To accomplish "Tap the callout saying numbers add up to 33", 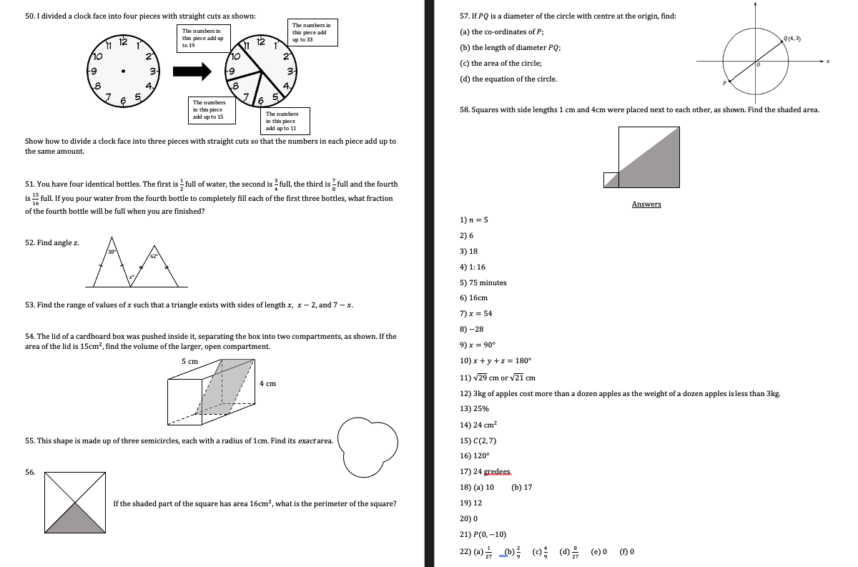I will (x=309, y=32).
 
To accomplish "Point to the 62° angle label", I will (x=154, y=256).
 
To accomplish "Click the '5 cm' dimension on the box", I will (x=189, y=362).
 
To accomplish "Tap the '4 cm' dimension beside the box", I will (x=267, y=384).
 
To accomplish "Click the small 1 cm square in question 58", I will (x=610, y=180).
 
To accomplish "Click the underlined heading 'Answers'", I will (x=646, y=204).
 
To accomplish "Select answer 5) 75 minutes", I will (x=483, y=282).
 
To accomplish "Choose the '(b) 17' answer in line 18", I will (x=522, y=488).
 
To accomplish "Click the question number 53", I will (x=30, y=305).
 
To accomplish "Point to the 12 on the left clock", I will (x=123, y=43).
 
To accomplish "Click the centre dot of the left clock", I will (x=124, y=72).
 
